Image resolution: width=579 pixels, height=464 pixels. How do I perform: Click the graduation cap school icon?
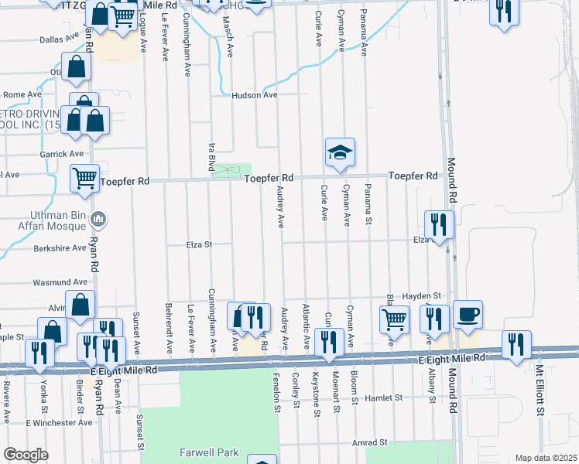339,152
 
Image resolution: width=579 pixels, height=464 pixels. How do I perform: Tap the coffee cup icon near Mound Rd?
468,315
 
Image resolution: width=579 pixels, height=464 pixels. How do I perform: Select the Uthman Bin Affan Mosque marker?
98,220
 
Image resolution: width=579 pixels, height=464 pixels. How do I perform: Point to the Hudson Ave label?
255,95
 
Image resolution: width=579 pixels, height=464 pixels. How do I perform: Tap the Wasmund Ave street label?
60,282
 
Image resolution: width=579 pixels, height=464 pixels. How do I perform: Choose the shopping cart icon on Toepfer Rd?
84,178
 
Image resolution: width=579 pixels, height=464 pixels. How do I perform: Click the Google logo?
26,455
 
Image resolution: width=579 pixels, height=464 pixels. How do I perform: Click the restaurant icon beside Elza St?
439,225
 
